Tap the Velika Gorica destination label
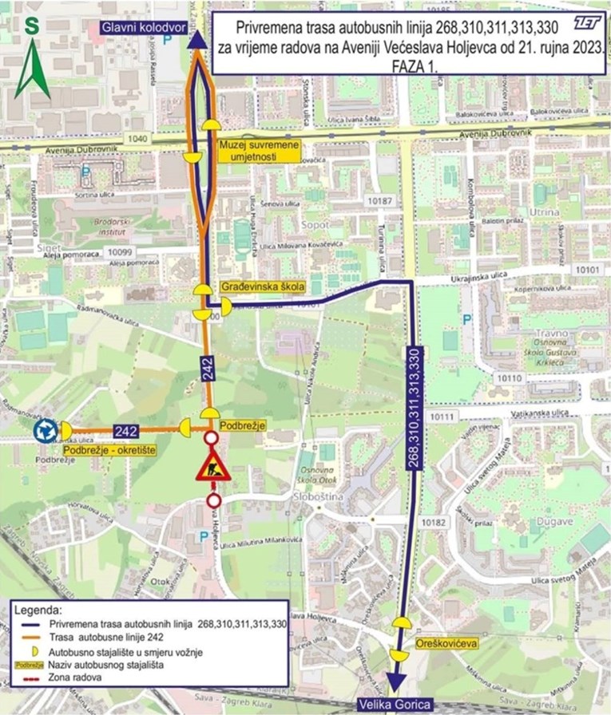pos(393,705)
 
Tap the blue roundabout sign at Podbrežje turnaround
pos(45,431)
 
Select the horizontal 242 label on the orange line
pos(127,429)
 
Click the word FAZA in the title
pos(409,69)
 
